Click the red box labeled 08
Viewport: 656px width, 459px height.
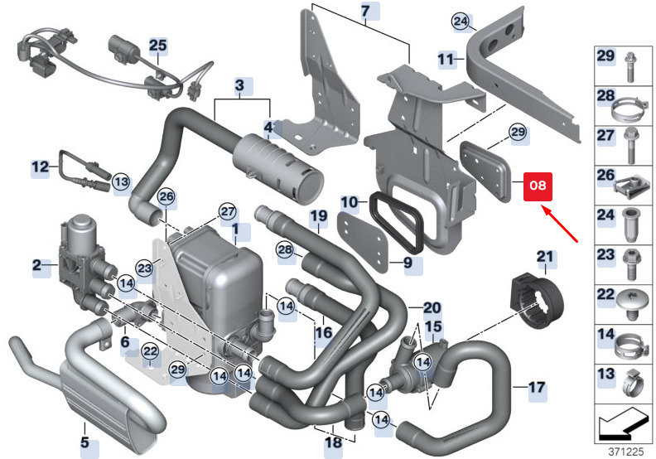point(538,186)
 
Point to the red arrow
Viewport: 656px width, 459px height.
point(561,223)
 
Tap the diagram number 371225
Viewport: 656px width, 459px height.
point(625,452)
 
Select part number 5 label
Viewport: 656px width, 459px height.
point(85,442)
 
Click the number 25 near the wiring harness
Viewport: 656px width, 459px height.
point(158,46)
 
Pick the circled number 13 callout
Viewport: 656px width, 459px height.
point(121,182)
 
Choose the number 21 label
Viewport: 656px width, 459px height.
point(545,257)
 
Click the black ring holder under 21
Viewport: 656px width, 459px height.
point(540,302)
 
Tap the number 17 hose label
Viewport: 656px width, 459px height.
point(537,388)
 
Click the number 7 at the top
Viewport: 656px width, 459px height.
point(365,12)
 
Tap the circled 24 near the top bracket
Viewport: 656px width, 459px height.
point(461,21)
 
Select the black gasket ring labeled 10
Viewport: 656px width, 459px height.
point(397,222)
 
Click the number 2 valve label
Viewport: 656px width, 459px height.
point(37,264)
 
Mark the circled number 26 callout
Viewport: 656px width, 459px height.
point(166,196)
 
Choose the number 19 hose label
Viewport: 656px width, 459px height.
point(319,216)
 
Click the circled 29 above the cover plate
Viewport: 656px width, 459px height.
point(518,133)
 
